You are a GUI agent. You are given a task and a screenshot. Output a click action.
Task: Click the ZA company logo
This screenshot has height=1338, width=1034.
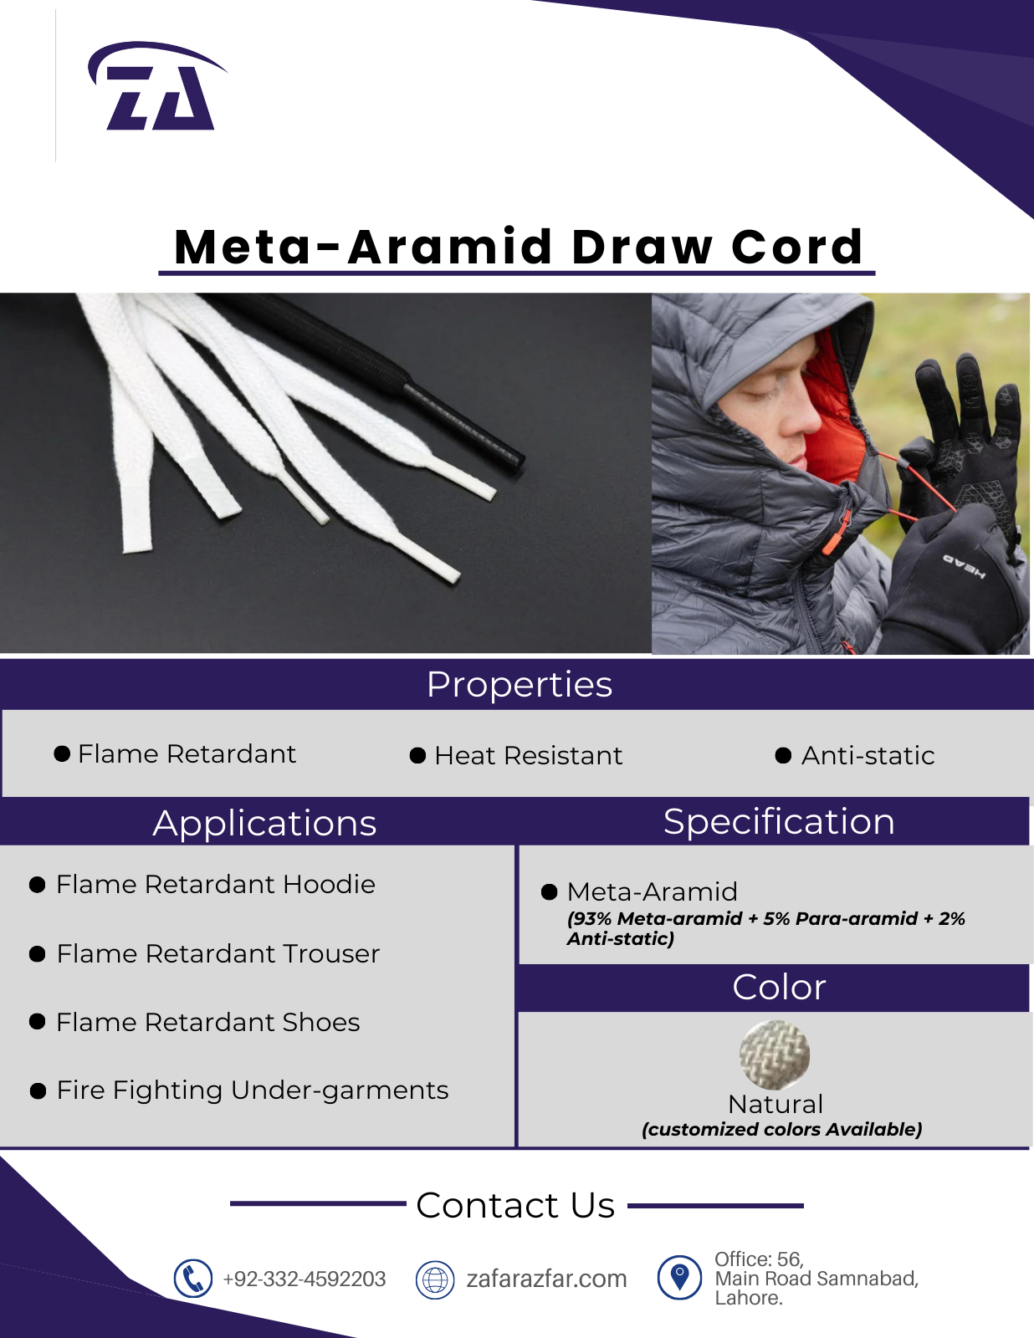click(157, 86)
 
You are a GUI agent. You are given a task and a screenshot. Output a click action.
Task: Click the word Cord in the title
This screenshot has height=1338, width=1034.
click(797, 247)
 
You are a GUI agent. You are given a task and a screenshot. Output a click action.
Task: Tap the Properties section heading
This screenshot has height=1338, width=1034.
click(520, 685)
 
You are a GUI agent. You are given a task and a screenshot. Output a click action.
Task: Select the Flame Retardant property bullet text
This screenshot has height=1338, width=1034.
click(187, 753)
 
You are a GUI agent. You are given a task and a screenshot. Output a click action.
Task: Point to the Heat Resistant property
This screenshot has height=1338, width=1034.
click(529, 755)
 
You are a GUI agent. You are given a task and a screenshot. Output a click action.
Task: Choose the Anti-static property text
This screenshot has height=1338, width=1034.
click(868, 755)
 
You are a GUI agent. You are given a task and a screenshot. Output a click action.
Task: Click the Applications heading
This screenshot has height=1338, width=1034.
click(265, 823)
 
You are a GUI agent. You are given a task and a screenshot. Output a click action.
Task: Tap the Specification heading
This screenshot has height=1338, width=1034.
click(778, 821)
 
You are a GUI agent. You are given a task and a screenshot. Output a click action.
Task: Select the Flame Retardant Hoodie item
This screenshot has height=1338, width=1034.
click(216, 884)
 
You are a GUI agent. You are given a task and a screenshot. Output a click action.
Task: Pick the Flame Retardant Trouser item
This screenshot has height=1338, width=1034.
click(218, 954)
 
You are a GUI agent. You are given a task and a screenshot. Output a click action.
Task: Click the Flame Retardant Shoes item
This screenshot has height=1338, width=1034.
click(208, 1022)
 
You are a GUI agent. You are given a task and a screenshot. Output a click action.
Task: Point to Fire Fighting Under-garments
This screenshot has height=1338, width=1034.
click(253, 1090)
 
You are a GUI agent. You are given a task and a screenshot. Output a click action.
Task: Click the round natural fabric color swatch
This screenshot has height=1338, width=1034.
click(775, 1055)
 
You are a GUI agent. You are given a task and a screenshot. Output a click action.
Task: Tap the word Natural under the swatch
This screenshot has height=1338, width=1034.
click(775, 1105)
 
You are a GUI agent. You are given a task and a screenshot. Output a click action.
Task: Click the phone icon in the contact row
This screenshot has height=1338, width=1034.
click(192, 1279)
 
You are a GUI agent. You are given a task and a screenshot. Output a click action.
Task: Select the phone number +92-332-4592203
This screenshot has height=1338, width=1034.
click(305, 1279)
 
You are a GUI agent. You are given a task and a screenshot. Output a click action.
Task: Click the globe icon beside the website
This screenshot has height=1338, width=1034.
click(435, 1279)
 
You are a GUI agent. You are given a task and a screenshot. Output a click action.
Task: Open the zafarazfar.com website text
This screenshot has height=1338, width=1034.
click(546, 1279)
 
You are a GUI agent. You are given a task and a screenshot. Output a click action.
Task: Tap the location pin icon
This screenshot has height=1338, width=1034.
click(679, 1277)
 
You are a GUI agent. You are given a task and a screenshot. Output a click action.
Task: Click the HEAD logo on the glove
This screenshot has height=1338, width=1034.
click(964, 566)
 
